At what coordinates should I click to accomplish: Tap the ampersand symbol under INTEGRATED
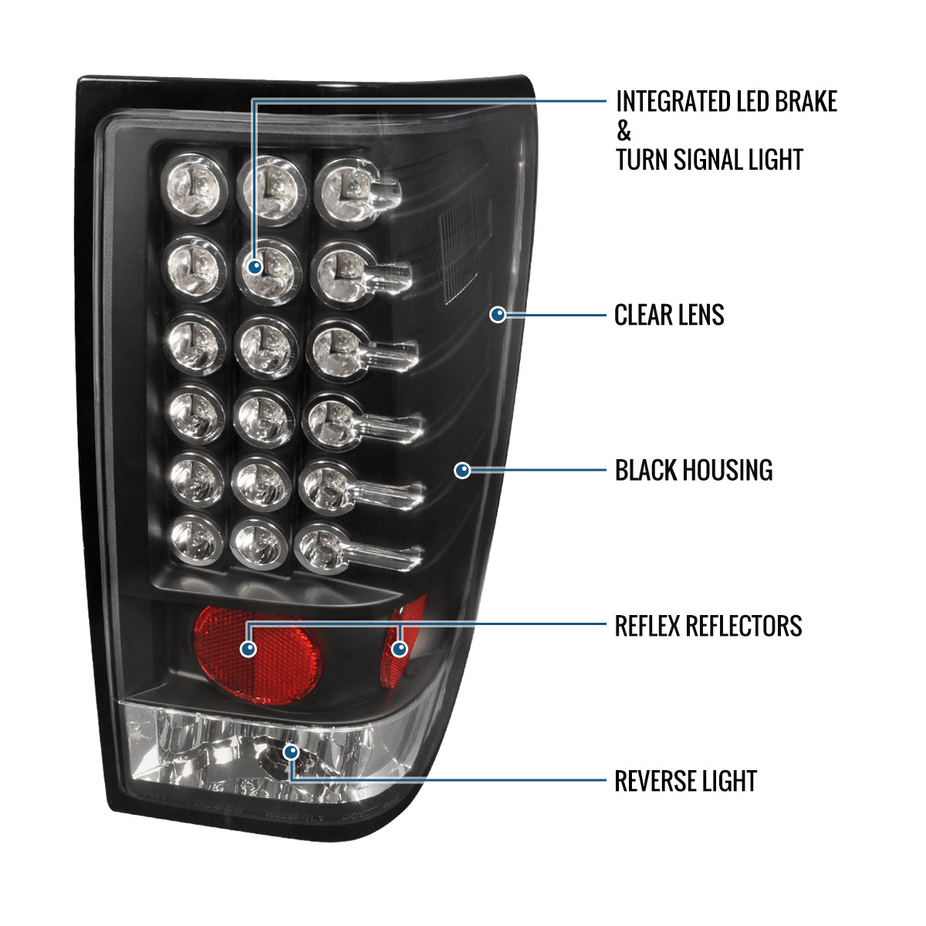[624, 131]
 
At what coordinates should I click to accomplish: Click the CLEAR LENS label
[669, 315]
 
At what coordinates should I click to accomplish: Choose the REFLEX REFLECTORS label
[708, 626]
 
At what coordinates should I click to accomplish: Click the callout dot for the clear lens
[498, 314]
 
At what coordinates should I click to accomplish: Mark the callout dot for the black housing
[462, 469]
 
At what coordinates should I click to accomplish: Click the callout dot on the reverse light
[290, 751]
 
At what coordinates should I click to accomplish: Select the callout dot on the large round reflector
[248, 648]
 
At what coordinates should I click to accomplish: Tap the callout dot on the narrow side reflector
[399, 648]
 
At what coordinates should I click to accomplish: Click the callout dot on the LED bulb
[255, 267]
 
